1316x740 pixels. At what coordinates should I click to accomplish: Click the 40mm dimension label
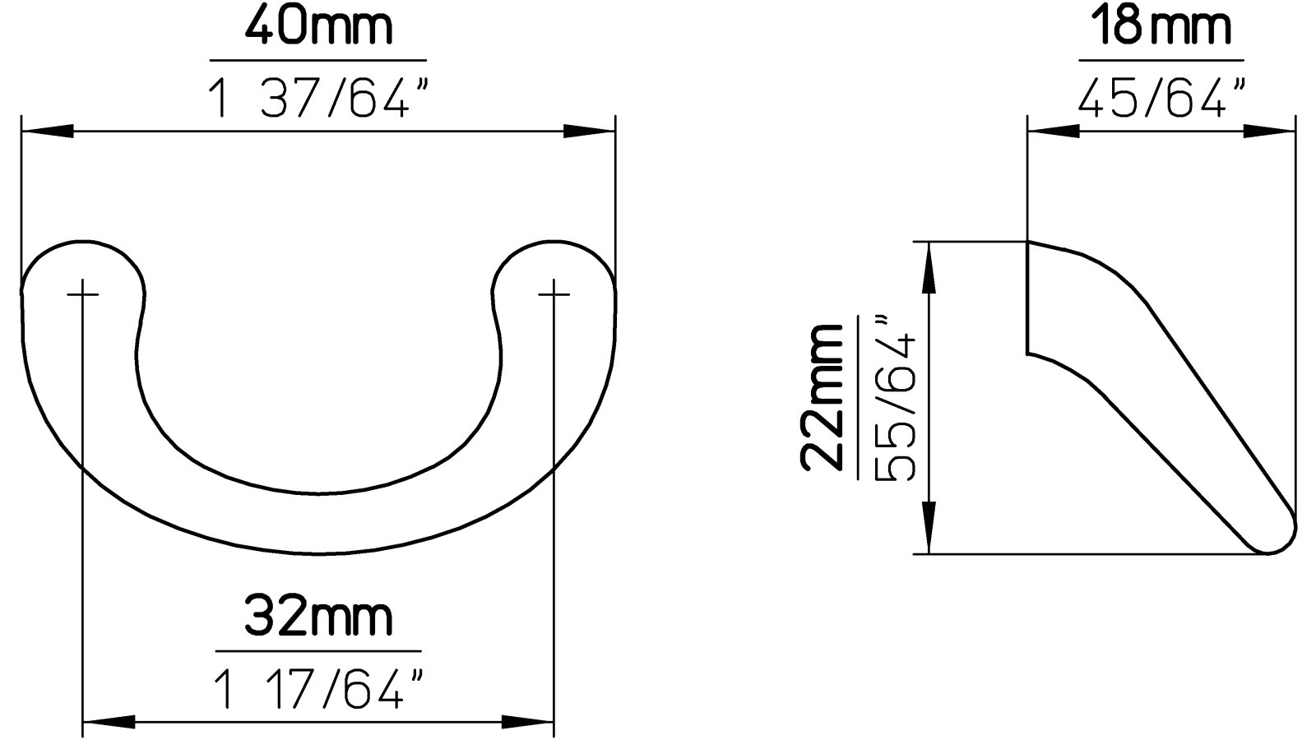[318, 26]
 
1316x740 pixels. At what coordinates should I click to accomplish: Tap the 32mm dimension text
[318, 617]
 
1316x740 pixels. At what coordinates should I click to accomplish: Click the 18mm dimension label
[1161, 26]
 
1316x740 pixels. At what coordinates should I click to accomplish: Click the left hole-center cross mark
[83, 294]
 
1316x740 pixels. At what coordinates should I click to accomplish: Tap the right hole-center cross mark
[554, 294]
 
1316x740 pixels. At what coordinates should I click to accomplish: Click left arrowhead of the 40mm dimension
[45, 132]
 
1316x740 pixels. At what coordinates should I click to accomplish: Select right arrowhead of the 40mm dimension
[591, 132]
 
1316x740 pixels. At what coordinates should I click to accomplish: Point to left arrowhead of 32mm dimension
[108, 723]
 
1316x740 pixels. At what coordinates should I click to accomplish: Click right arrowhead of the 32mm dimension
[530, 723]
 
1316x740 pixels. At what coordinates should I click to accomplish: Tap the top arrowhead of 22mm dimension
[929, 266]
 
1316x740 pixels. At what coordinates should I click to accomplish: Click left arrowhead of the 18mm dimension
[1053, 131]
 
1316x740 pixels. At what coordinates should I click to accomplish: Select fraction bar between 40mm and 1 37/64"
[318, 60]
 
